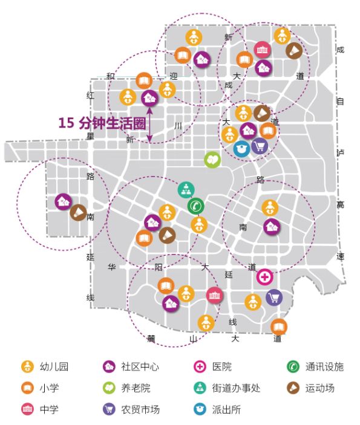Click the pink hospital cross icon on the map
pos(264,277)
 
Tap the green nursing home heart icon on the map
pos(212,160)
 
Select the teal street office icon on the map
pos(185,190)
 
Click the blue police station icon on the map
pos(241,148)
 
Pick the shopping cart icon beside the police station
pos(259,146)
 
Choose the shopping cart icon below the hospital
pos(274,297)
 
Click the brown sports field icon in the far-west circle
pos(78,212)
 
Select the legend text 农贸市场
pos(140,409)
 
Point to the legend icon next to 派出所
pos(201,409)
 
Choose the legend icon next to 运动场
pos(293,388)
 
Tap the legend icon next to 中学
pos(27,409)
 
